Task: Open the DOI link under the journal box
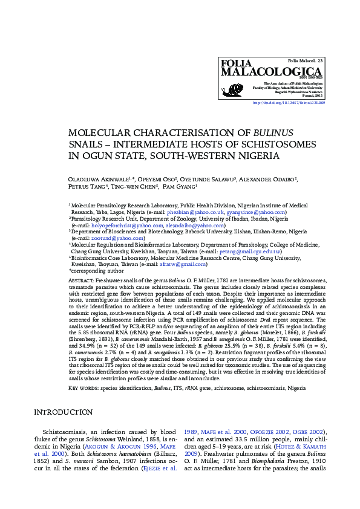click(x=288, y=103)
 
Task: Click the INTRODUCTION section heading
click(x=63, y=412)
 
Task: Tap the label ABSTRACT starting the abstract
click(x=81, y=281)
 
